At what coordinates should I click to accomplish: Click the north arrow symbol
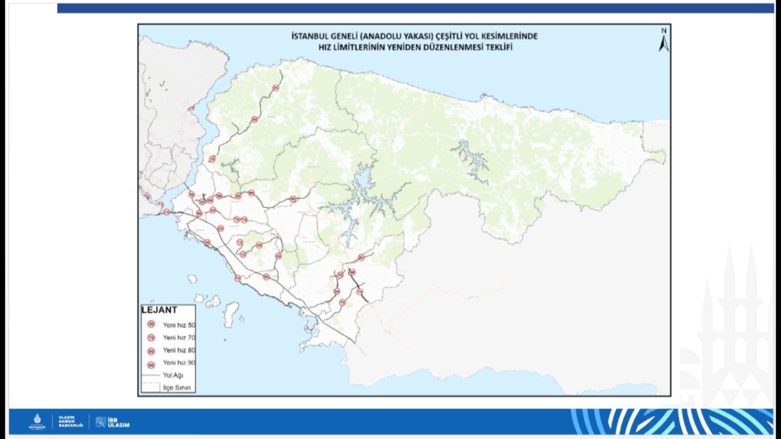tap(664, 41)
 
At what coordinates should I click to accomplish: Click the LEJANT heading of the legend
tap(159, 310)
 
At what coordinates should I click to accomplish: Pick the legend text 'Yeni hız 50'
tap(179, 325)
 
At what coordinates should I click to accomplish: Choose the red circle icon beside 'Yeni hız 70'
tap(151, 338)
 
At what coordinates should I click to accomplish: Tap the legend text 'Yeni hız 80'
tap(179, 350)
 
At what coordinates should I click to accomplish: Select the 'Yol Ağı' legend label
tap(173, 375)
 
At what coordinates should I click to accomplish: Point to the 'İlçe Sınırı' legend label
tap(177, 388)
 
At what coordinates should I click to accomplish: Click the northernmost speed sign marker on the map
tap(275, 88)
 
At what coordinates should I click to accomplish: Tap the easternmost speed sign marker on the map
tap(361, 258)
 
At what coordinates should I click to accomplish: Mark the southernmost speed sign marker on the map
tap(342, 302)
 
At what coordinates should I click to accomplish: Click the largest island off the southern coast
tap(231, 312)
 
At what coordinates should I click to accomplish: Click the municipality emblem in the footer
tap(37, 421)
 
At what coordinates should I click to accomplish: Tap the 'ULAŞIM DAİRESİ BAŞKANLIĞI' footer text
tap(71, 421)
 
